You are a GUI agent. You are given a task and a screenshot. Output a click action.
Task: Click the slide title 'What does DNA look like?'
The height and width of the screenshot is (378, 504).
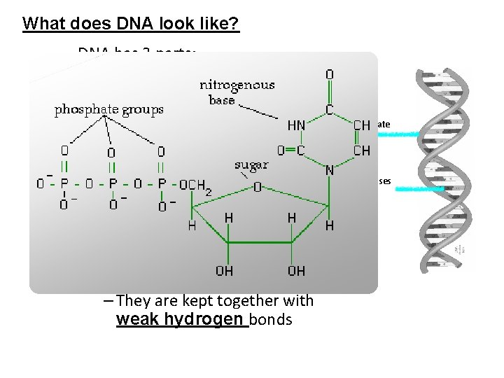[131, 23]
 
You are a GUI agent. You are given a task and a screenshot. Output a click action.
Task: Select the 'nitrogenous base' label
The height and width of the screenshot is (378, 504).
[237, 92]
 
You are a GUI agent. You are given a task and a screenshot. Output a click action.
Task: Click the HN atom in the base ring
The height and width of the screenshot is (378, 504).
[296, 125]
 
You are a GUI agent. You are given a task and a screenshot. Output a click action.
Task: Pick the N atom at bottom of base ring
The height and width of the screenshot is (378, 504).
[328, 170]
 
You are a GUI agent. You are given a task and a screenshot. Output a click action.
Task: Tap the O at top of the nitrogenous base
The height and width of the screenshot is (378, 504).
[330, 73]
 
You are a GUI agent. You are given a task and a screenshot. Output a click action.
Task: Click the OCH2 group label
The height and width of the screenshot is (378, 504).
[195, 185]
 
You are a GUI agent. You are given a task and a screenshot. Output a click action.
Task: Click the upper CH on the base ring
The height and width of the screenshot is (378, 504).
[362, 125]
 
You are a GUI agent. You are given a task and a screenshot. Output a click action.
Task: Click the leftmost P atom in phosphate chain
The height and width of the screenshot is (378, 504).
[64, 185]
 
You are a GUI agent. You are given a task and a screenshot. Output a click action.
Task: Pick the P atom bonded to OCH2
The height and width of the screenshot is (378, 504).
[161, 185]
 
